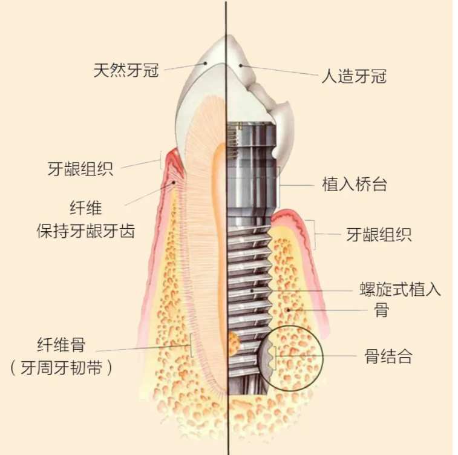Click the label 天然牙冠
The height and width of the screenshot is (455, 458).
[126, 70]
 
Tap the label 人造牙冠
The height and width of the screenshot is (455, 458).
[354, 76]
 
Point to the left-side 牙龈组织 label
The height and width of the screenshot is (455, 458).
[80, 169]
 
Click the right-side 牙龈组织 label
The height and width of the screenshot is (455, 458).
[379, 234]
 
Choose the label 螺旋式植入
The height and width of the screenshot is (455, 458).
[400, 289]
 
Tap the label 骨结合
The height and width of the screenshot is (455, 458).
[388, 356]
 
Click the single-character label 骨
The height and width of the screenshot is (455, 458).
[382, 310]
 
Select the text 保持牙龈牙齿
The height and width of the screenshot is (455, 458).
[86, 231]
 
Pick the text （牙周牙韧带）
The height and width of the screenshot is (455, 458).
[61, 367]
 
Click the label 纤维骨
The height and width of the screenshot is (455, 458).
[61, 345]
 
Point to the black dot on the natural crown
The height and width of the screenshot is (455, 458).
[205, 63]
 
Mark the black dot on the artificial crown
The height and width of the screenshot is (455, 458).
[241, 65]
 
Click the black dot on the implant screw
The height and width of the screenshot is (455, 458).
[252, 291]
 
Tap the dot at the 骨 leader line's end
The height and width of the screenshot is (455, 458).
[289, 310]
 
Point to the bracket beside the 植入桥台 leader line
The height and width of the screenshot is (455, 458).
[280, 187]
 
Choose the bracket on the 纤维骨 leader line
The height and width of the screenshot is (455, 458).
[191, 345]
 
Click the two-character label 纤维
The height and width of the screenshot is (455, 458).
[86, 208]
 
